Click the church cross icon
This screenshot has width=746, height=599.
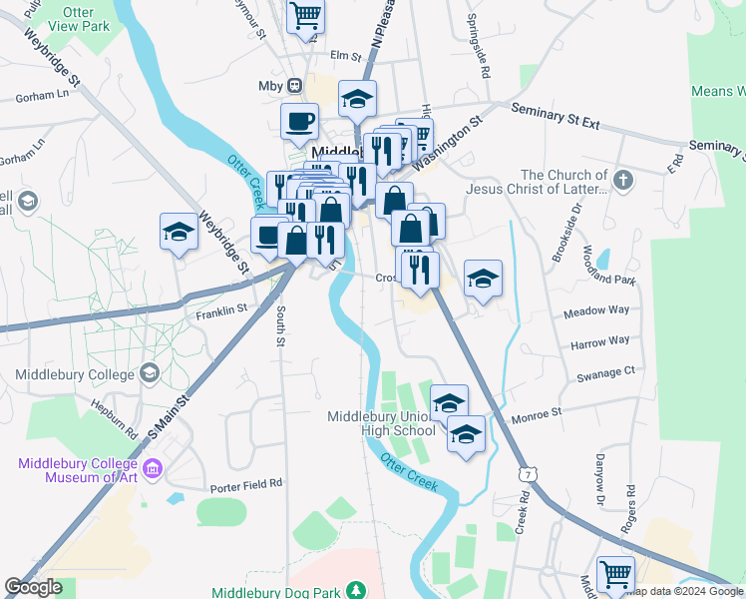623,181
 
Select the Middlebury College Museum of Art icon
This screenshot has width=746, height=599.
154,468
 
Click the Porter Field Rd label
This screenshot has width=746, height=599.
246,486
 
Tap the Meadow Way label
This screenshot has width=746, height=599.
596,310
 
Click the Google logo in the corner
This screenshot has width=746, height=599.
33,587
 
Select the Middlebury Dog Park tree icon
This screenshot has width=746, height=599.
354,591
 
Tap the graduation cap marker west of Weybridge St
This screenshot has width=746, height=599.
179,232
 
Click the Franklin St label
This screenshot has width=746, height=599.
221,310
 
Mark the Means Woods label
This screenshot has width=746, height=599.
718,92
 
